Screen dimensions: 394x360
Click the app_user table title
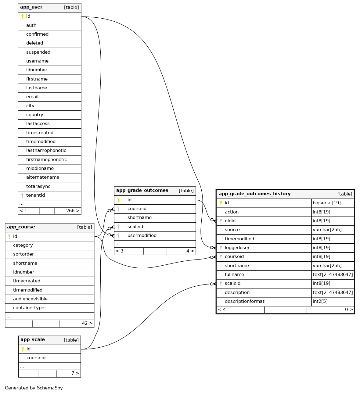31,7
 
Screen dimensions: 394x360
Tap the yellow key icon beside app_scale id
23,349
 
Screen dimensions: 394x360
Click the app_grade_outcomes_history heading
254,194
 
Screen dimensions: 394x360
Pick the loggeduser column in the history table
237,248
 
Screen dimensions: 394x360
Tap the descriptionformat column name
244,301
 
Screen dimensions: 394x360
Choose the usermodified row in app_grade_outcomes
142,235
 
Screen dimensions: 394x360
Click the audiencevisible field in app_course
30,299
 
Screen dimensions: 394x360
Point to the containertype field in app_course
29,308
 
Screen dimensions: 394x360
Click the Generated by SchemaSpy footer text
34,388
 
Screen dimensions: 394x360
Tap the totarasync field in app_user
38,186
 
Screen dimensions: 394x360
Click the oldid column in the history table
230,221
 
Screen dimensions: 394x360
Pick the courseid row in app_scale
36,358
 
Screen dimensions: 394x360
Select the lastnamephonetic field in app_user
46,150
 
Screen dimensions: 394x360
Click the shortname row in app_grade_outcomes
139,217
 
